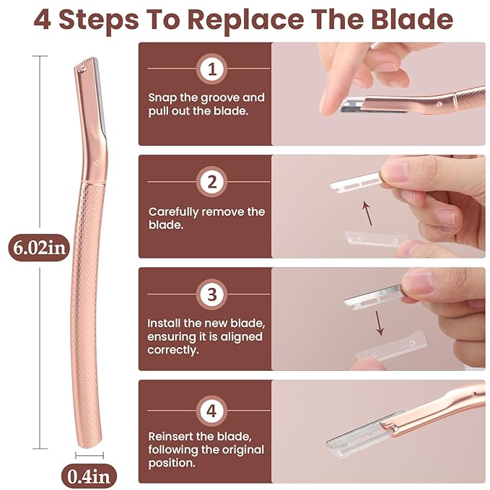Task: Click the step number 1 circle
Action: (x=211, y=69)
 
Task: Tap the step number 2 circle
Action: (x=211, y=182)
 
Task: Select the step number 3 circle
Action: (x=211, y=294)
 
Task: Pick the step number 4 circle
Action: (x=211, y=411)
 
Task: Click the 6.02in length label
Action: (x=39, y=248)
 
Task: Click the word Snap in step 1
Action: (x=163, y=97)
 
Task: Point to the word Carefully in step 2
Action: (x=175, y=211)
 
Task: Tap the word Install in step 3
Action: (x=165, y=323)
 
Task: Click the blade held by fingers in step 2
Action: (x=354, y=180)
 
